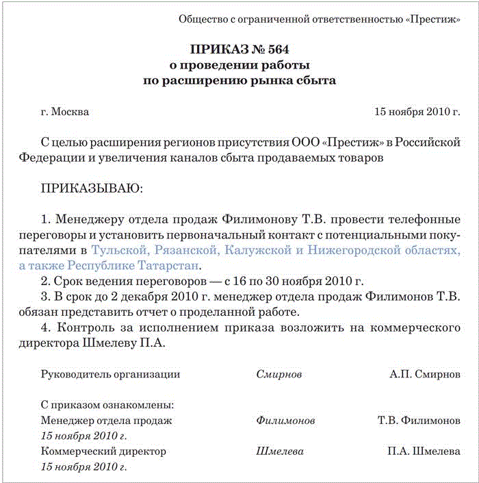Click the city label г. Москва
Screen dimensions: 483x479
65,112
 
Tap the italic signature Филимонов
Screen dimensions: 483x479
285,420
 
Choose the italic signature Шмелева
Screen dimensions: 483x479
280,451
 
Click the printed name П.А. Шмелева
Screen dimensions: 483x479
424,451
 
